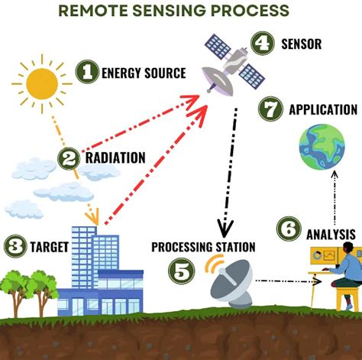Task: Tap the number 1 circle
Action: (x=87, y=73)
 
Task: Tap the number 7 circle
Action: (x=270, y=109)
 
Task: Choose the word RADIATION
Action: (x=115, y=157)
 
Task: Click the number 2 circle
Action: (x=69, y=158)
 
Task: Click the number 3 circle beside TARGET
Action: (x=15, y=247)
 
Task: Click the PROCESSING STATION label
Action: (x=203, y=246)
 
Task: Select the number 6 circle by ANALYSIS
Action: (x=289, y=229)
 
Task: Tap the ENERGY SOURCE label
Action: (x=143, y=73)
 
